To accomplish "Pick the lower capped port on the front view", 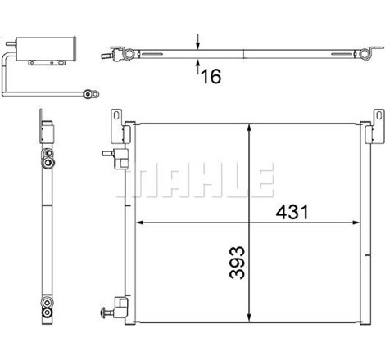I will (106, 312).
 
